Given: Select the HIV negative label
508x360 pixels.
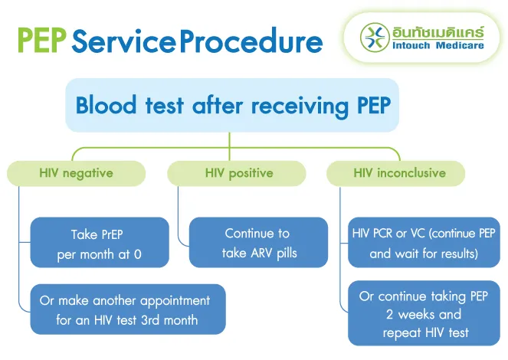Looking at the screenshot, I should [76, 173].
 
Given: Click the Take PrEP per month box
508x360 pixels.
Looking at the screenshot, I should [100, 243].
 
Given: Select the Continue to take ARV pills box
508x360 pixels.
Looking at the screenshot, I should [257, 243].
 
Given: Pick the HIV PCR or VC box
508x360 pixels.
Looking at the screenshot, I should [423, 243].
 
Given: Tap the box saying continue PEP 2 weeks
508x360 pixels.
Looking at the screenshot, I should [423, 314].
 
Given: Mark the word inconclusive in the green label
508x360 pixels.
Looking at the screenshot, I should [411, 173].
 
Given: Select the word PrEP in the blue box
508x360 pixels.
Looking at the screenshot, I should [111, 234].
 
